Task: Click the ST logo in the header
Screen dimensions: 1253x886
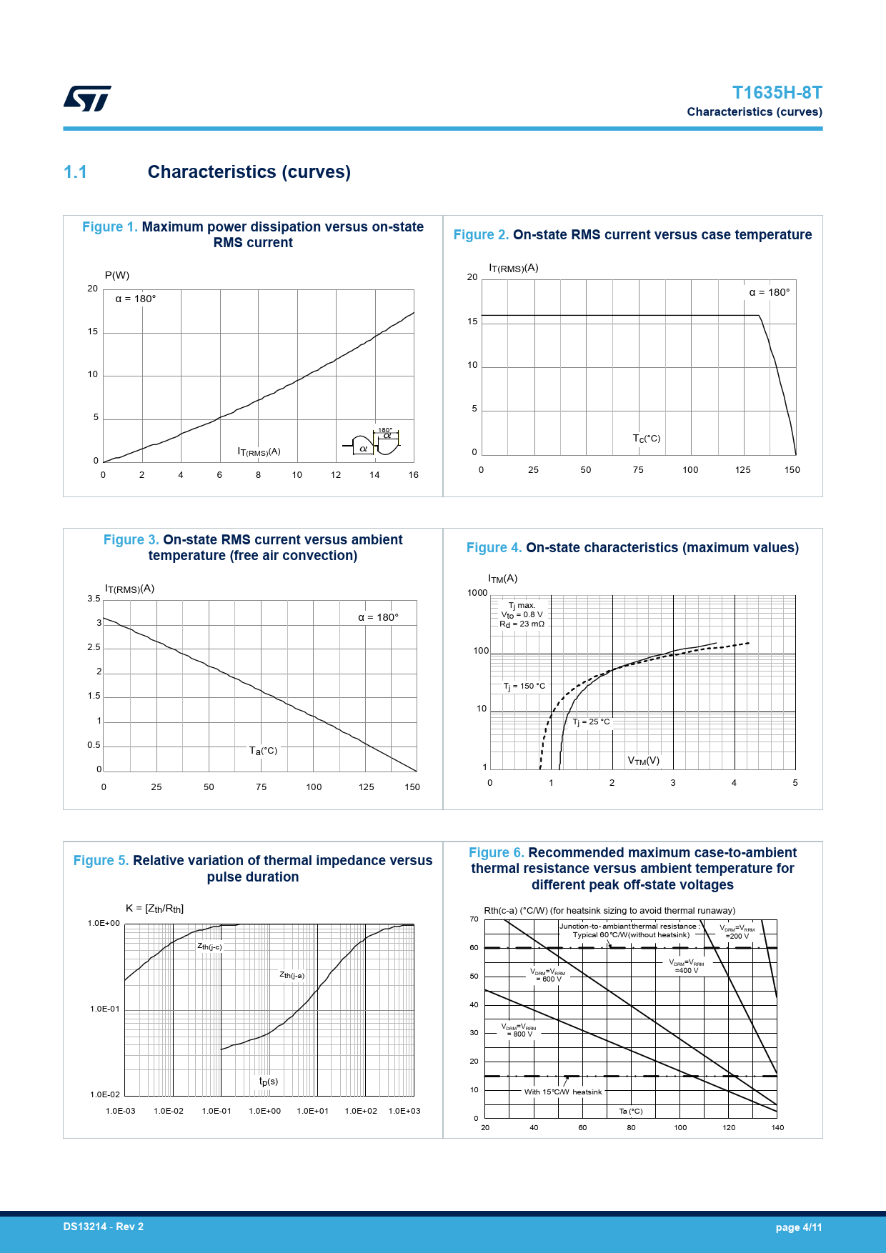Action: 87,99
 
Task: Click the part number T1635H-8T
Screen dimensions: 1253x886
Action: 777,93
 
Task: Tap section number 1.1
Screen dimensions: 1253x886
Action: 75,172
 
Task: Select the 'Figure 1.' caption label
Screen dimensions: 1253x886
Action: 109,227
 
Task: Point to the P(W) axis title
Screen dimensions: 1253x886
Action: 117,276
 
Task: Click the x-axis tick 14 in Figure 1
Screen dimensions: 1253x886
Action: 374,475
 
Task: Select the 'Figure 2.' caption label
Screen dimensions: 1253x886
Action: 481,235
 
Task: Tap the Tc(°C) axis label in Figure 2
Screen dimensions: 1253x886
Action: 646,439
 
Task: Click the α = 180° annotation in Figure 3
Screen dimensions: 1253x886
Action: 378,617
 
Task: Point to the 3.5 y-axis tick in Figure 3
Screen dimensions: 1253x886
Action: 94,599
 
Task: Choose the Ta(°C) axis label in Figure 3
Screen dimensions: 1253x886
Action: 263,751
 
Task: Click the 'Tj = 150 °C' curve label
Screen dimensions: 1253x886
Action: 524,687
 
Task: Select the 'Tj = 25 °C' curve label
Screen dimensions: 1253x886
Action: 591,722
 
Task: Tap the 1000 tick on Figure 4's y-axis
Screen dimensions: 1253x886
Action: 477,593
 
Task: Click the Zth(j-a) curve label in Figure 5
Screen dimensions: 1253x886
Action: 292,975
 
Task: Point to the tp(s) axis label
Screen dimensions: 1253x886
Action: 269,1082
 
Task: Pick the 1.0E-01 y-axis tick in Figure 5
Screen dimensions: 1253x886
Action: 105,1009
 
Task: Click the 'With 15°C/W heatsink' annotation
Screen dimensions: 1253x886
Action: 563,1092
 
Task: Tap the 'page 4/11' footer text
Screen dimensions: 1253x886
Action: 798,1227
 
